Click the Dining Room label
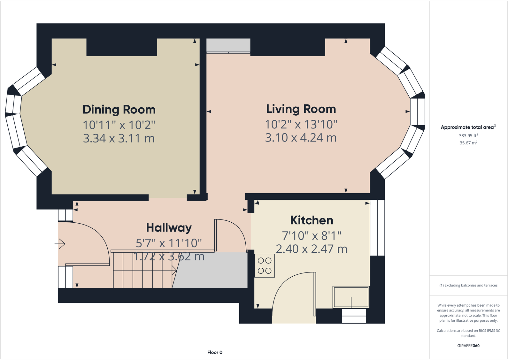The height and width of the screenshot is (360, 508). (x=119, y=110)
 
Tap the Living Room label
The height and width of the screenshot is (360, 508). (x=301, y=109)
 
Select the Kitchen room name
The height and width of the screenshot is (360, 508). (x=312, y=220)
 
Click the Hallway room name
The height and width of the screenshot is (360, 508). (x=169, y=228)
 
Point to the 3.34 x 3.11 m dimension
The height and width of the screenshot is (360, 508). (x=119, y=138)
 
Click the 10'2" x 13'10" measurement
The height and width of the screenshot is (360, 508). (x=301, y=124)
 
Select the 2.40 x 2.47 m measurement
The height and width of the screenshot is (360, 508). (x=312, y=249)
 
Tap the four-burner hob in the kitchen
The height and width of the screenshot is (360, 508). (x=265, y=265)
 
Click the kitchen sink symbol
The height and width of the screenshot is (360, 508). (x=351, y=297)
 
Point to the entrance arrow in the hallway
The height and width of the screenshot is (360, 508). (x=60, y=244)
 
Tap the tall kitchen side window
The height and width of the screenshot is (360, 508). (x=377, y=227)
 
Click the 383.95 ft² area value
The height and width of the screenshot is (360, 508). (x=468, y=135)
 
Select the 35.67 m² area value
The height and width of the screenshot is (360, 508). (x=468, y=143)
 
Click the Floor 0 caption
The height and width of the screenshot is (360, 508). (x=215, y=352)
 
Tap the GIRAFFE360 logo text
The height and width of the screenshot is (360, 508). (x=468, y=346)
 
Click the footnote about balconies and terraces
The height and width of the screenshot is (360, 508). (x=468, y=285)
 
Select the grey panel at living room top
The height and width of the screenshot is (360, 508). (x=228, y=45)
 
